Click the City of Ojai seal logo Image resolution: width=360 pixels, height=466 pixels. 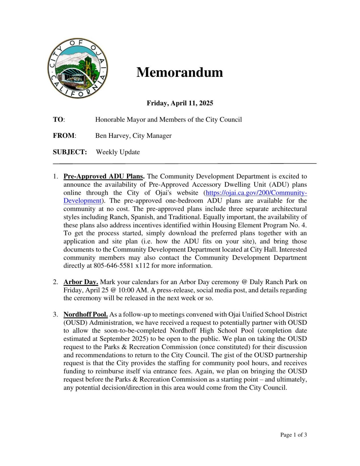78,68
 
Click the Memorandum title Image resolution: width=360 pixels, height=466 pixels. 180,72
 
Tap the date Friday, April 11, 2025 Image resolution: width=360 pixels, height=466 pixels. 180,103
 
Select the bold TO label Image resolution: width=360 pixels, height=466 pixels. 58,120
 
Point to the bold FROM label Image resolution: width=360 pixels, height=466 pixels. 64,136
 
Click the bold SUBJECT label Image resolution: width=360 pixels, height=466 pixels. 70,152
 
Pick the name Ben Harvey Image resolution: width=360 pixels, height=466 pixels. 112,136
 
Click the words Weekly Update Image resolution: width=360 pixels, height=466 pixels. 118,152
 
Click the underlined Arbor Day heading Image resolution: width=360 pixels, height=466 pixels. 81,282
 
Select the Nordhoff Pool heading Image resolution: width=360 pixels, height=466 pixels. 85,315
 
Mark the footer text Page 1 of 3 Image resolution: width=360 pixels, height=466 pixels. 293,435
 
